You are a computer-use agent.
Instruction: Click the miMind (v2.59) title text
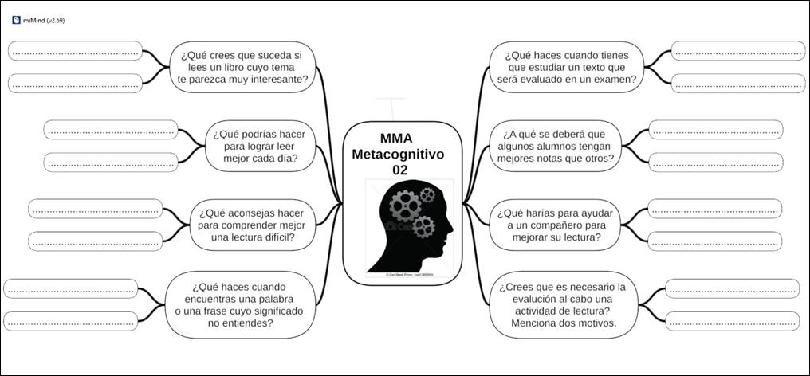point(45,21)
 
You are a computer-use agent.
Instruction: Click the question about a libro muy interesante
point(242,67)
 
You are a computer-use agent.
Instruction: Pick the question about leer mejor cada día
point(259,146)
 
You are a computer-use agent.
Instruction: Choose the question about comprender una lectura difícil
point(252,225)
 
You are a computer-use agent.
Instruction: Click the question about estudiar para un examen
point(567,67)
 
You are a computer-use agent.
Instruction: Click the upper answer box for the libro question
point(75,51)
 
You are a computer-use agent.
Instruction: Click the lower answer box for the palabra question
point(71,321)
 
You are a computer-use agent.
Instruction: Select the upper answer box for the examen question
point(738,51)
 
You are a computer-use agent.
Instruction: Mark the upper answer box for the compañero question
point(714,209)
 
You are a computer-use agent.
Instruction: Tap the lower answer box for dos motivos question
point(732,321)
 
